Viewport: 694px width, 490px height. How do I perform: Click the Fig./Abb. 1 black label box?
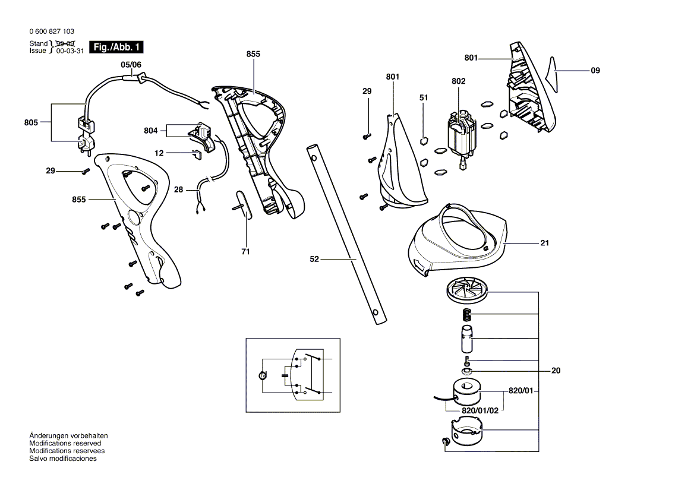[116, 47]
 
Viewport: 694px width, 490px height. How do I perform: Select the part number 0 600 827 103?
[52, 31]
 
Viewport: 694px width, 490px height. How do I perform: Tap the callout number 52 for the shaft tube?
[314, 259]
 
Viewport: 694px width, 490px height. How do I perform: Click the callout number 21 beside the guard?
[544, 243]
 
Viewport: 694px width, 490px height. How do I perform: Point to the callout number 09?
[595, 70]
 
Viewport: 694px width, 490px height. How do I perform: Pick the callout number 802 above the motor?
[459, 81]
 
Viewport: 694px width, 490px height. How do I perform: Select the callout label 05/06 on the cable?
[131, 65]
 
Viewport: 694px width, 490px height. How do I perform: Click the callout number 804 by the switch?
[151, 131]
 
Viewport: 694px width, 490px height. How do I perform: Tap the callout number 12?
[159, 153]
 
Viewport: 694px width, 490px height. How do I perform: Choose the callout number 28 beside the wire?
[178, 189]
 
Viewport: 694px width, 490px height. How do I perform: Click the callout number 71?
[245, 252]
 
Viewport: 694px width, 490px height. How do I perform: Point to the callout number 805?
[31, 122]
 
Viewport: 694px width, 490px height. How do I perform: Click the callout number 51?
[424, 97]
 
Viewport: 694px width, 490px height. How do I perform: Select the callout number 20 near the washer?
[556, 371]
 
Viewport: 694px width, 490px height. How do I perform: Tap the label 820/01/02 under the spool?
[480, 410]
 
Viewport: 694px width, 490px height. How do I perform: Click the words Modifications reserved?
[65, 443]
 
